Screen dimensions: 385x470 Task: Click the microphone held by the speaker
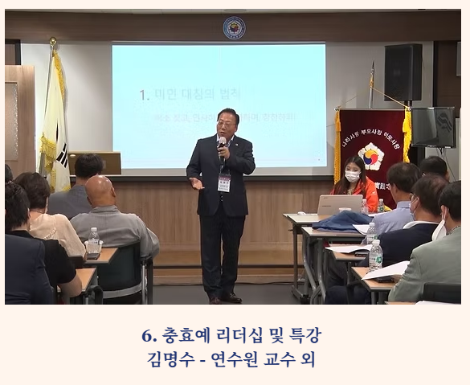(222, 143)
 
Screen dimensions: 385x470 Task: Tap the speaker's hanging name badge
(224, 182)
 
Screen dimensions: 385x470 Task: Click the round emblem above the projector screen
(234, 28)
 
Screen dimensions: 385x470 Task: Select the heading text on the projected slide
(191, 95)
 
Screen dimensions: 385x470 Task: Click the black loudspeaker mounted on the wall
(403, 72)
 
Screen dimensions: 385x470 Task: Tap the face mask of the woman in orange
(352, 176)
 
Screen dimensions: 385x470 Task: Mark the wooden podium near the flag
(95, 164)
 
